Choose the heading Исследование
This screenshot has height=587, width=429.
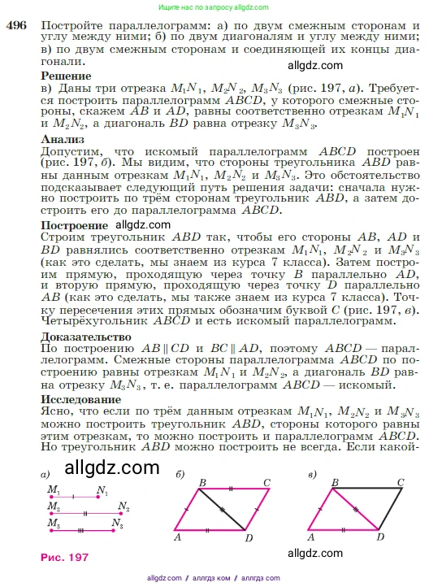80,400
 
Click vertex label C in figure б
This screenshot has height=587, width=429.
267,481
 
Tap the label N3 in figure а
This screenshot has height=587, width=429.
118,526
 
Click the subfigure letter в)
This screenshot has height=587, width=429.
313,473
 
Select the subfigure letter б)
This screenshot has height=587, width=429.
180,473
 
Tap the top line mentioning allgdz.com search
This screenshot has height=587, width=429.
214,7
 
